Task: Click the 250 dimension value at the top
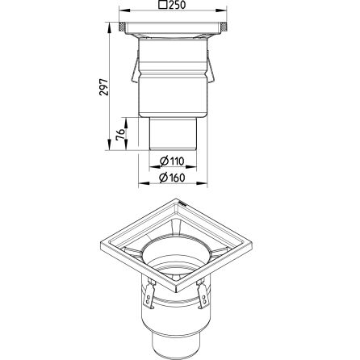tap(178, 5)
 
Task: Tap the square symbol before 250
tap(162, 5)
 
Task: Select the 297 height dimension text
tap(103, 87)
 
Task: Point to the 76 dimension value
tap(120, 135)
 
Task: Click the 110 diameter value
tap(176, 161)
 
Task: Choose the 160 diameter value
tap(177, 178)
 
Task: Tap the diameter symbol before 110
tap(164, 161)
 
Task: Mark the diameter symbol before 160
tap(164, 178)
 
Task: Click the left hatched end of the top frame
tap(122, 27)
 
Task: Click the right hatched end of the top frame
tap(224, 27)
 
